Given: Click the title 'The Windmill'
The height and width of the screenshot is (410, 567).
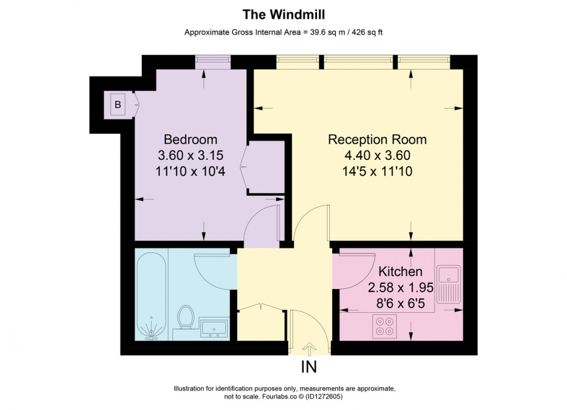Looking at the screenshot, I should pos(283,12).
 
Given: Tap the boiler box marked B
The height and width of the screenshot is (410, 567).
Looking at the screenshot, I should pos(117,105).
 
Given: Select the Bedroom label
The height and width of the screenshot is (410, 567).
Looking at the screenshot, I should pos(190,140).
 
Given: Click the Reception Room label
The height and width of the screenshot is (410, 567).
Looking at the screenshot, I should pos(377,140).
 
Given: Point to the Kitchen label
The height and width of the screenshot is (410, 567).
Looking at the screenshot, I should pos(400,271).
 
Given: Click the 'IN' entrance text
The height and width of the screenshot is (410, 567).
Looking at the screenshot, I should pos(309,367).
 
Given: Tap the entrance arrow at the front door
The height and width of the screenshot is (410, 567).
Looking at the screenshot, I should pos(310,348).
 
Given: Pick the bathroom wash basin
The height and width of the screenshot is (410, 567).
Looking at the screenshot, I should pos(215,328).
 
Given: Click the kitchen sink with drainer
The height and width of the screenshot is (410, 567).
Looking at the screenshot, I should pos(448,284).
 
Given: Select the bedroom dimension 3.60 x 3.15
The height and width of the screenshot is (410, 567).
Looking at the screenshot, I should pos(190,155).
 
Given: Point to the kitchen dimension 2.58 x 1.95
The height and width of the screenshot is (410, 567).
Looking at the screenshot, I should pos(400,287).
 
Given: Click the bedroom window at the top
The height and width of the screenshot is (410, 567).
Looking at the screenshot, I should pos(213,62).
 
